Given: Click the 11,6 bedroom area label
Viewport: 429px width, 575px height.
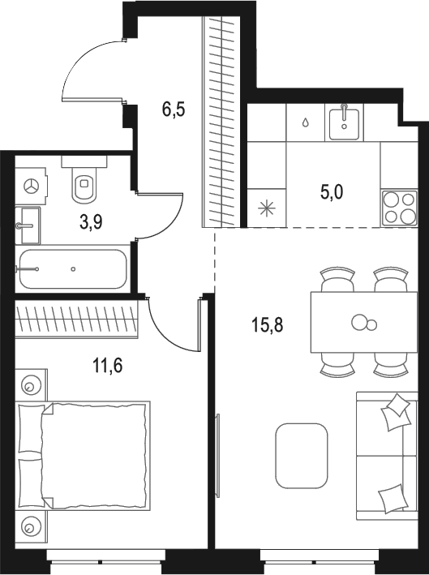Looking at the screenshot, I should pyautogui.click(x=106, y=367).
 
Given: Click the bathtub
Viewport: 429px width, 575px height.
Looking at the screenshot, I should pyautogui.click(x=73, y=268).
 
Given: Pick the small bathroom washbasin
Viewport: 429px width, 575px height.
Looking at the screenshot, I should pyautogui.click(x=28, y=221).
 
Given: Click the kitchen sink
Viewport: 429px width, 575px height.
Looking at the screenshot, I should pyautogui.click(x=345, y=122).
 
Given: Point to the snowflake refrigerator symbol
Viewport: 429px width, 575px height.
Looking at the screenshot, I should pyautogui.click(x=265, y=208).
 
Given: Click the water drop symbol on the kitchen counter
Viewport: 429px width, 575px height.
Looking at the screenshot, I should pyautogui.click(x=305, y=122).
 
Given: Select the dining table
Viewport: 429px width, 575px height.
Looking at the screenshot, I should pyautogui.click(x=358, y=323).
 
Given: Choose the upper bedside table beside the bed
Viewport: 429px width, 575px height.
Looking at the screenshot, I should pyautogui.click(x=32, y=384).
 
